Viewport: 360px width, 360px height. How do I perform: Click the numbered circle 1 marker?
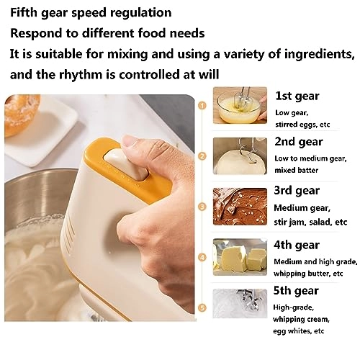pyautogui.click(x=203, y=105)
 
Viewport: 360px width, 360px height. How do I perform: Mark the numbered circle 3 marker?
pyautogui.click(x=203, y=206)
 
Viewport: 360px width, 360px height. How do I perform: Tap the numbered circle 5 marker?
pyautogui.click(x=203, y=307)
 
